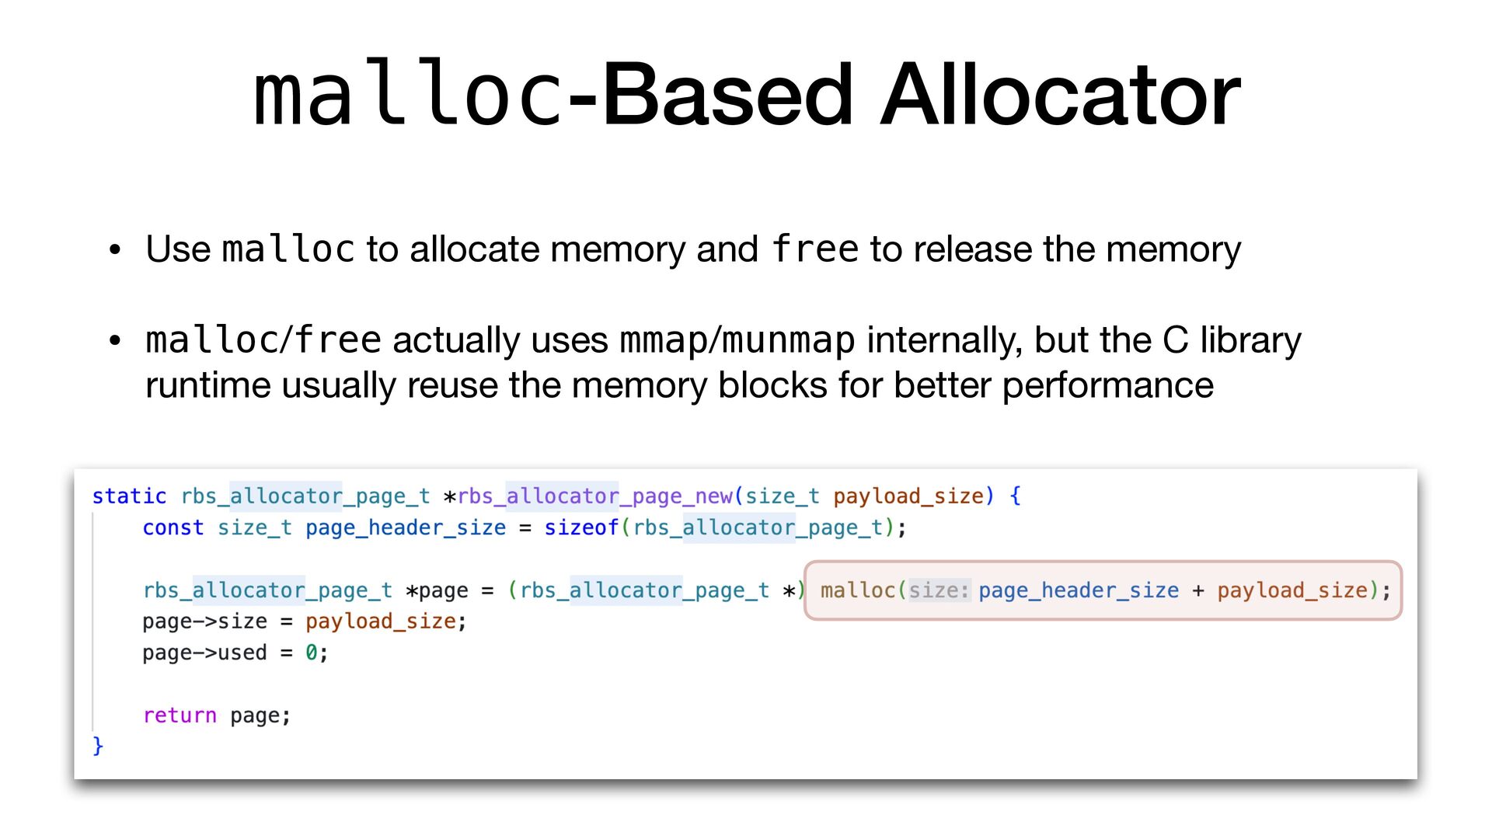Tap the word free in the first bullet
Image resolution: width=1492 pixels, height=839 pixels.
pos(815,249)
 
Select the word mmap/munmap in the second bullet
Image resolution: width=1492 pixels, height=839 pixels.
pos(737,340)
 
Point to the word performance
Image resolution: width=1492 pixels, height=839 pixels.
pos(1107,385)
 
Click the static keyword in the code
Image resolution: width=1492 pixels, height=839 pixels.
pos(129,496)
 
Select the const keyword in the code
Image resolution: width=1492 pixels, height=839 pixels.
pos(173,528)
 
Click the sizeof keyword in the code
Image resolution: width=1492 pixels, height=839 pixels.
pos(580,528)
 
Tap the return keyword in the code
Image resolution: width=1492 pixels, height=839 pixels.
pos(180,715)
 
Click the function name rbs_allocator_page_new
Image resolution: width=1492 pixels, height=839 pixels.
pos(595,496)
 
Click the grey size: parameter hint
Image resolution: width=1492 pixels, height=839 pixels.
pos(939,591)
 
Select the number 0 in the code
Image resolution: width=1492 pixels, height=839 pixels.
pos(311,653)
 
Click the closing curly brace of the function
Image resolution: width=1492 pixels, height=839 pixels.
pos(98,746)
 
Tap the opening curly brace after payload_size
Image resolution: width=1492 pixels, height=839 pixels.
pos(1015,496)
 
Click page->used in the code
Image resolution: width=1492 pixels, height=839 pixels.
pos(204,653)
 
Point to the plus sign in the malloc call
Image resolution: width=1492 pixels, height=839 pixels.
pos(1197,591)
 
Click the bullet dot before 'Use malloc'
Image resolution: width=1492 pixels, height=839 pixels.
pos(115,250)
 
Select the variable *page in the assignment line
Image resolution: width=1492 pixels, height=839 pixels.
pos(437,591)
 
